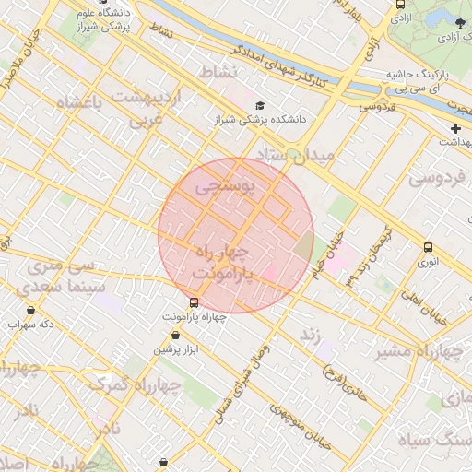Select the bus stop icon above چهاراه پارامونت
[x=194, y=301]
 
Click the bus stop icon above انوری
[x=428, y=247]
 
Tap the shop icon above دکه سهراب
[x=32, y=310]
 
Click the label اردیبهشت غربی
[x=147, y=107]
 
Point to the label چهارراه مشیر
[x=411, y=351]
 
